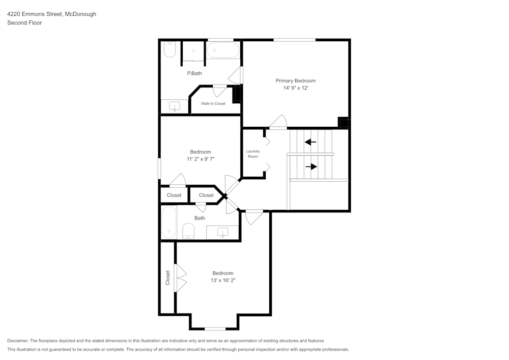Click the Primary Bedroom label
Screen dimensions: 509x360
[x=295, y=81]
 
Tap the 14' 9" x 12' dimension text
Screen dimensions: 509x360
[x=295, y=88]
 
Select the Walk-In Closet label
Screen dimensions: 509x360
[x=213, y=103]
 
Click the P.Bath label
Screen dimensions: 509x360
[x=194, y=73]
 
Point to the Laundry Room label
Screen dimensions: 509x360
[x=253, y=154]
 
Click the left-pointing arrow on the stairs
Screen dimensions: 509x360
[x=310, y=142]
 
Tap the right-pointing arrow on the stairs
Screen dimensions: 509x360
[x=312, y=167]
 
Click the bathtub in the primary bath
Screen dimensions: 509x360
[x=223, y=50]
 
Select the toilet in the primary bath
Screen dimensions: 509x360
[x=169, y=49]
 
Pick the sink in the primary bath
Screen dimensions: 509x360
[x=175, y=106]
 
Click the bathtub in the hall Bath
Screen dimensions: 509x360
[x=169, y=223]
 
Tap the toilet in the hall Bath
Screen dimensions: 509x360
[x=188, y=231]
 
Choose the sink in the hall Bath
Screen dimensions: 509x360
[x=222, y=232]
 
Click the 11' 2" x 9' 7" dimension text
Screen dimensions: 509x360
[x=201, y=159]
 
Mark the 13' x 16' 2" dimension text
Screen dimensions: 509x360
[x=223, y=281]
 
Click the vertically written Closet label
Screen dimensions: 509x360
[x=168, y=278]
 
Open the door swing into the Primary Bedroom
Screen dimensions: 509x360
[x=278, y=122]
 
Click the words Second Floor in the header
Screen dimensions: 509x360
[x=24, y=23]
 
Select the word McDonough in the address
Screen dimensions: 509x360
[x=81, y=14]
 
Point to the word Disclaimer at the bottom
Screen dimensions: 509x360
[x=18, y=341]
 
